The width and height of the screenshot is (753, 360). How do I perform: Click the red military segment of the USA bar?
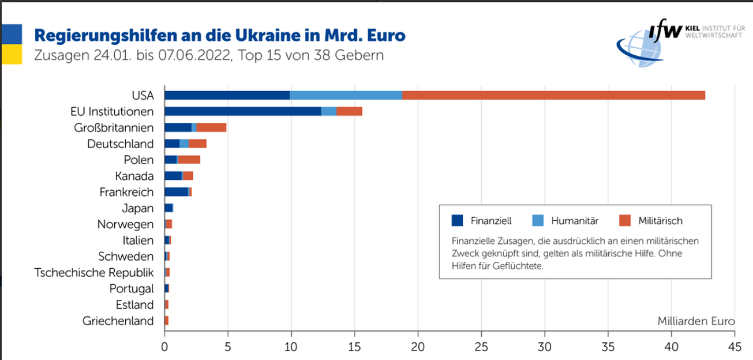(553, 95)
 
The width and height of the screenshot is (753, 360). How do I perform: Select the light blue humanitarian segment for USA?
(346, 95)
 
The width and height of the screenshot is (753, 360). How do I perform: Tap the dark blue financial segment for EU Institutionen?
(242, 111)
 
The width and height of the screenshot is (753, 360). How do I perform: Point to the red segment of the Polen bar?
(189, 159)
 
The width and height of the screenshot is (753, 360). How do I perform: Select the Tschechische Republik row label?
(94, 272)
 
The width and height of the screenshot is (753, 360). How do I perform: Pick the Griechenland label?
(118, 321)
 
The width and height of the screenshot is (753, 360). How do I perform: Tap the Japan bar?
(168, 208)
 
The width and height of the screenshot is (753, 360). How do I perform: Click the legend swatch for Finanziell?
(458, 221)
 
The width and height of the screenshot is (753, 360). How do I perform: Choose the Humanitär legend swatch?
(538, 221)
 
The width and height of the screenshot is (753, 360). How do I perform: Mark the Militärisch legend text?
(660, 221)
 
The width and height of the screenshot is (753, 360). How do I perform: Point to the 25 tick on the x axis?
(482, 346)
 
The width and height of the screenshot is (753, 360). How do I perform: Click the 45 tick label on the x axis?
(735, 346)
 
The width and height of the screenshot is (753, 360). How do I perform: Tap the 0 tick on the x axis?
(165, 346)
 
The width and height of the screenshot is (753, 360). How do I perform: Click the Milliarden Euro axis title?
(696, 321)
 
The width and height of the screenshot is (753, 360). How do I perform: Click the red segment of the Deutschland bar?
(198, 144)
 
